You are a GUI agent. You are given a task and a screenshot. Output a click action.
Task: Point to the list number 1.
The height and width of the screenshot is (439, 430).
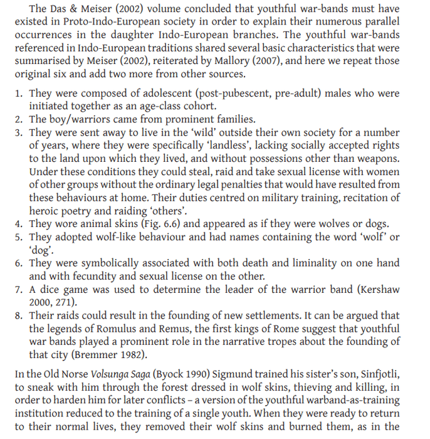(x=18, y=93)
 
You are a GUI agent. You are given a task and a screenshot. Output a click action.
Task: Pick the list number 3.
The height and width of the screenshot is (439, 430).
(x=18, y=132)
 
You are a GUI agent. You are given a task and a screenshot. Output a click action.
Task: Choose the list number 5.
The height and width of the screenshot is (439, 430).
(x=18, y=237)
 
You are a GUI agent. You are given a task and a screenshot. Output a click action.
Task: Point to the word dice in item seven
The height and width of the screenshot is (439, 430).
(x=53, y=289)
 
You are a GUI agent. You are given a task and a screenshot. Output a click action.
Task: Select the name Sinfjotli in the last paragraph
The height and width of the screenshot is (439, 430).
(x=377, y=374)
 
